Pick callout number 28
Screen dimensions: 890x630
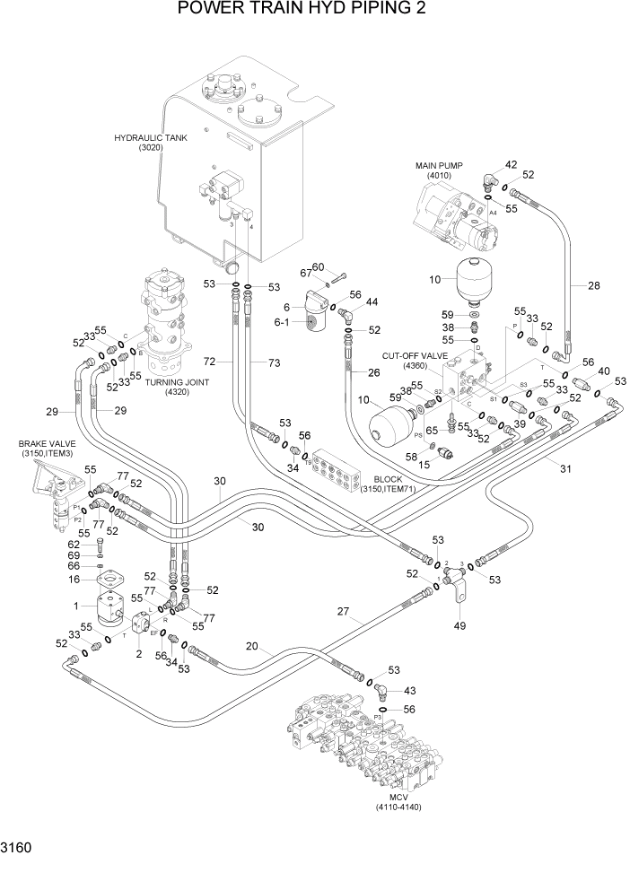click(x=593, y=286)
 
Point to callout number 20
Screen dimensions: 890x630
click(x=252, y=646)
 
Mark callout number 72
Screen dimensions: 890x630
click(x=209, y=362)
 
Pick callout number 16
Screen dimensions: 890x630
click(x=74, y=580)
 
